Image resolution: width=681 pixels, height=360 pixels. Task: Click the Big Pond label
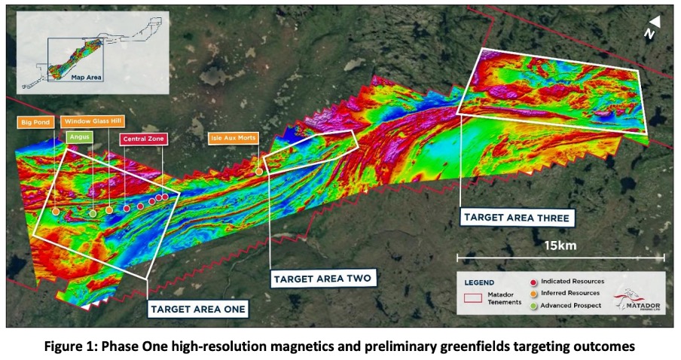pos(35,122)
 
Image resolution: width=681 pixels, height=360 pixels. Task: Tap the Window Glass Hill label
pos(93,121)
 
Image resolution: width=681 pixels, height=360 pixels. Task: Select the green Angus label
pos(80,137)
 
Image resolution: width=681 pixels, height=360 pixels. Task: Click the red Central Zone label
pos(144,139)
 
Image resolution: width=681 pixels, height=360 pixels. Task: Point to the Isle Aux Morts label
pos(234,138)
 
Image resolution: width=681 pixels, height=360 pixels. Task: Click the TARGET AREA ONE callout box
pos(198,310)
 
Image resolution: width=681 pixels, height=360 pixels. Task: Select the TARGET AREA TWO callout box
pos(323,279)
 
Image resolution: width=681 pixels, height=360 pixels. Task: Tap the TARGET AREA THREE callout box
pos(517,218)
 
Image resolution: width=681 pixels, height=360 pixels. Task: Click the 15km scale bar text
pos(560,246)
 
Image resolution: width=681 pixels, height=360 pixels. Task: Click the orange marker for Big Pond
pos(56,212)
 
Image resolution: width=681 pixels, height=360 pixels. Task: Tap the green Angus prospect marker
pos(93,213)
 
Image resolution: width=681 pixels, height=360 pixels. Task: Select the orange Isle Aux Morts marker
pos(259,172)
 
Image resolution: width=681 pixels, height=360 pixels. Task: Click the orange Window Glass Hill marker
pos(109,210)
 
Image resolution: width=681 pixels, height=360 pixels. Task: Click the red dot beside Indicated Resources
pos(534,282)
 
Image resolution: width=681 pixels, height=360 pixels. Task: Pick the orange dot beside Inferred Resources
pos(534,294)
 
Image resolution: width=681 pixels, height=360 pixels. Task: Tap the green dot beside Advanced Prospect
pos(534,306)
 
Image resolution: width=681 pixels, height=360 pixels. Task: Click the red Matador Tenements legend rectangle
pos(473,298)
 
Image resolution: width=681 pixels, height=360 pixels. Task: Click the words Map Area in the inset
pos(87,78)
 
